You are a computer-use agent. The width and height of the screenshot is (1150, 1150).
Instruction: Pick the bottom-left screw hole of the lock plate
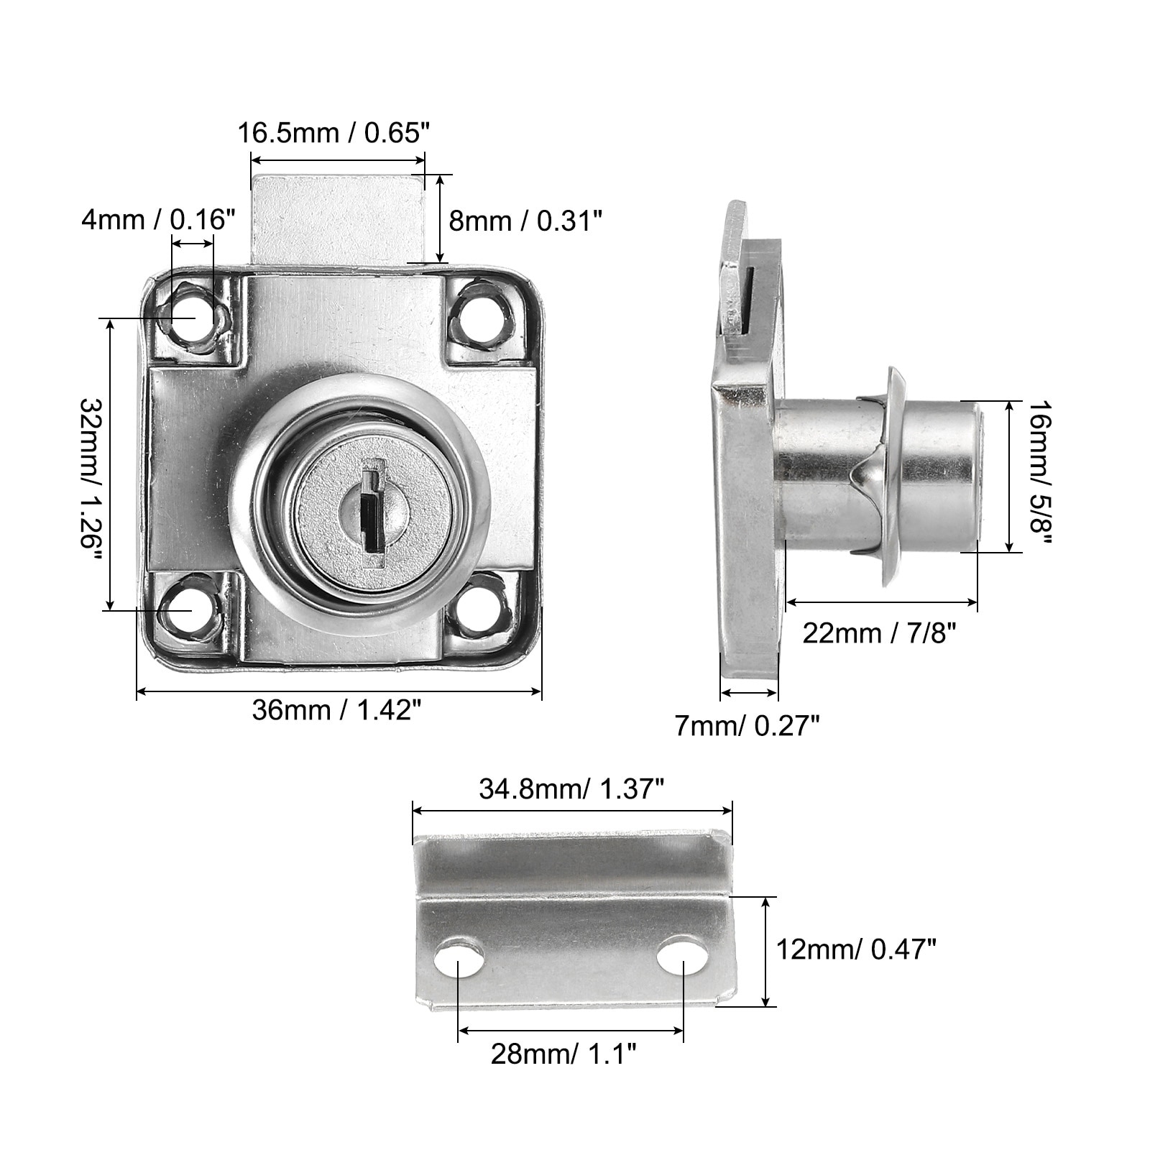(190, 607)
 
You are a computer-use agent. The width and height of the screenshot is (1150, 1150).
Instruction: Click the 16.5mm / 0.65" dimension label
(334, 133)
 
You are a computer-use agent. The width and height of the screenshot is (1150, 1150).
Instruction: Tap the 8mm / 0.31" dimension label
(525, 220)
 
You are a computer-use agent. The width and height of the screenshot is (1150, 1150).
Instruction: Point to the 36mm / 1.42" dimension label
(336, 710)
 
